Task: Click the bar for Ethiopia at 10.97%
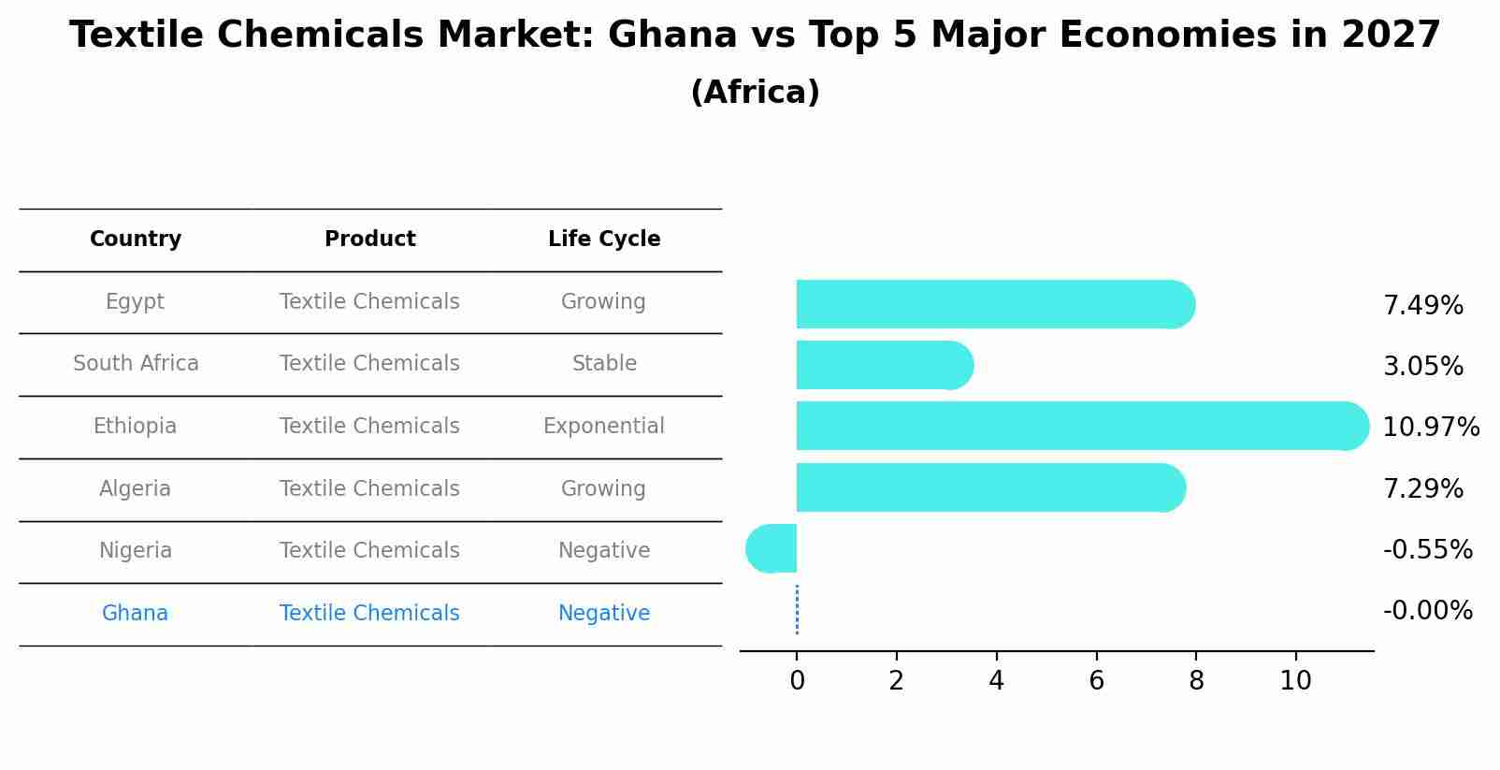[x=1075, y=426]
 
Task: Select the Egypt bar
[x=991, y=304]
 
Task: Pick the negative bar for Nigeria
[x=772, y=548]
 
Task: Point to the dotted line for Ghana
[x=797, y=610]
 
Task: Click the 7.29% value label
[x=1422, y=488]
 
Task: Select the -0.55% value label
[x=1427, y=549]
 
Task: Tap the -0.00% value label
[x=1427, y=611]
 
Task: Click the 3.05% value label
[x=1422, y=366]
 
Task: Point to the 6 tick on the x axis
[x=1096, y=681]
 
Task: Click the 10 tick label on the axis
[x=1295, y=681]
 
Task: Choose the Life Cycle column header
[x=604, y=240]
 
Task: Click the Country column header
[x=136, y=240]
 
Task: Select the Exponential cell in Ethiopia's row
[x=604, y=427]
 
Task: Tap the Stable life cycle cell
[x=604, y=364]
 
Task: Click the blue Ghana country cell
[x=136, y=614]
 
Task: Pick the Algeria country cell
[x=136, y=488]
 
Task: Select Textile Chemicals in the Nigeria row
[x=369, y=551]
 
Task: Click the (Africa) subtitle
[x=755, y=93]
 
